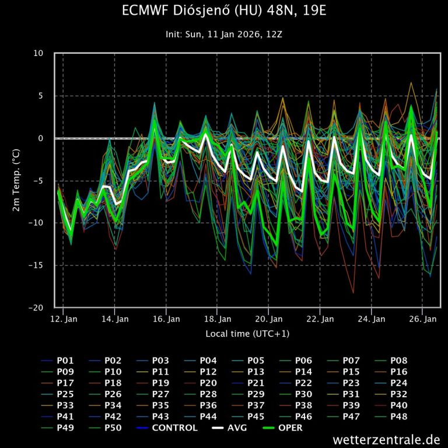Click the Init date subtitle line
tap(225, 34)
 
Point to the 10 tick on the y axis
tap(38, 54)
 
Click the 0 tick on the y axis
tap(41, 138)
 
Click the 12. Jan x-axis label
tap(64, 319)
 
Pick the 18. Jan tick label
tap(218, 319)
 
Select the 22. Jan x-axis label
tap(320, 319)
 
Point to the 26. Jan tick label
tap(423, 319)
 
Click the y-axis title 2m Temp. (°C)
tap(17, 180)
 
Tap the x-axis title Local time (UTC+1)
tap(247, 334)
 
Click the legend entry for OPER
tap(290, 428)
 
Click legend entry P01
tap(65, 360)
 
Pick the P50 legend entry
tap(113, 428)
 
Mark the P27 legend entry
tap(160, 394)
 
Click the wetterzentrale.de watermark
tap(386, 439)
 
